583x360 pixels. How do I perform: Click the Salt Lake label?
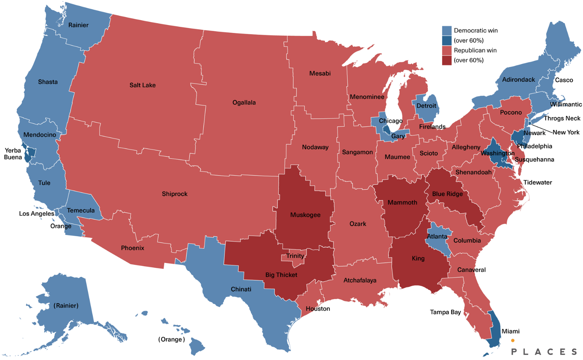(x=143, y=85)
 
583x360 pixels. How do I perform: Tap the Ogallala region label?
(x=244, y=103)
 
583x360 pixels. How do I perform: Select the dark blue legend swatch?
(x=447, y=40)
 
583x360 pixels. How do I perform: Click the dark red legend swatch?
(x=447, y=60)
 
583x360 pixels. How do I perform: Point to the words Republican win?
(x=475, y=50)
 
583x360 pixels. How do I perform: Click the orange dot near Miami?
(x=513, y=340)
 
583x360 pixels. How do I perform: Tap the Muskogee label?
(x=305, y=215)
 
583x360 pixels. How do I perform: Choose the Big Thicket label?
(x=281, y=275)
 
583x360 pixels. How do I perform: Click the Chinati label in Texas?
(x=241, y=289)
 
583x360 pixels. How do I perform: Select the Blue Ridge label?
(x=447, y=194)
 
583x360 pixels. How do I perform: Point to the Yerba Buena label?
(x=13, y=154)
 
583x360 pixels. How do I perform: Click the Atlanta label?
(x=437, y=237)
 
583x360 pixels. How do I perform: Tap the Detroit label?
(x=426, y=106)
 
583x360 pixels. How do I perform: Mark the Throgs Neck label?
(x=562, y=118)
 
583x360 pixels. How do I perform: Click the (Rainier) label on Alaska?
(x=66, y=306)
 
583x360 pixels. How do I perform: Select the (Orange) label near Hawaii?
(x=172, y=339)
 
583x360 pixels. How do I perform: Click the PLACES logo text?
(x=544, y=352)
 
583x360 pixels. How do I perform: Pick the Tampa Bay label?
(x=445, y=312)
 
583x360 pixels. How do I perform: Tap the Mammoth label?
(x=402, y=203)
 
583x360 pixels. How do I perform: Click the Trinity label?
(x=295, y=256)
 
